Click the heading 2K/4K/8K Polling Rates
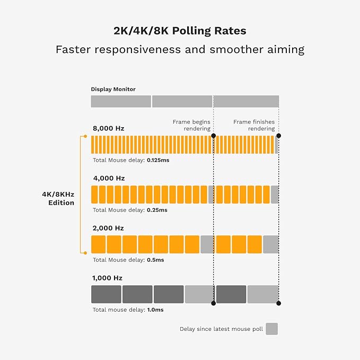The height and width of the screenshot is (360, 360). pos(180,31)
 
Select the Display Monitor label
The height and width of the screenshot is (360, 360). pos(113,89)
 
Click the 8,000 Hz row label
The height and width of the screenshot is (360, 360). pos(109,128)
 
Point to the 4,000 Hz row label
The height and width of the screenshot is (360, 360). pos(109,178)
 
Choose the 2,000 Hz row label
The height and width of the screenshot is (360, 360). pos(109,228)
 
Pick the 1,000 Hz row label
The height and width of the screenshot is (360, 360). pos(109,278)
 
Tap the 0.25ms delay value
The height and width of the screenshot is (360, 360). pos(156,210)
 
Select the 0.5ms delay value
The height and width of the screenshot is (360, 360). pos(155,260)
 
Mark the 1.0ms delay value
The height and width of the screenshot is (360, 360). pos(155,310)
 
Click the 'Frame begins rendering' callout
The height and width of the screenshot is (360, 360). pos(191,125)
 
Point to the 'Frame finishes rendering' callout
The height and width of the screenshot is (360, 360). pos(254,125)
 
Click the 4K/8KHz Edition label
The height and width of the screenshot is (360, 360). pos(58,198)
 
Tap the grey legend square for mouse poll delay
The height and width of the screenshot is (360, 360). pos(271,329)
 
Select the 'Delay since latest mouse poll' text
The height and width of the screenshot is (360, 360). pos(221,329)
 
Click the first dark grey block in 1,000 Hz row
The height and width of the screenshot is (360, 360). pos(106,294)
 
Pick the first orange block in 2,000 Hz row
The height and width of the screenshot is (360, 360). pos(98,244)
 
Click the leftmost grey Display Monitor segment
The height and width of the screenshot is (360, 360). pos(121,101)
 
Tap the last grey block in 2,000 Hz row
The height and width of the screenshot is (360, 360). pos(271,244)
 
